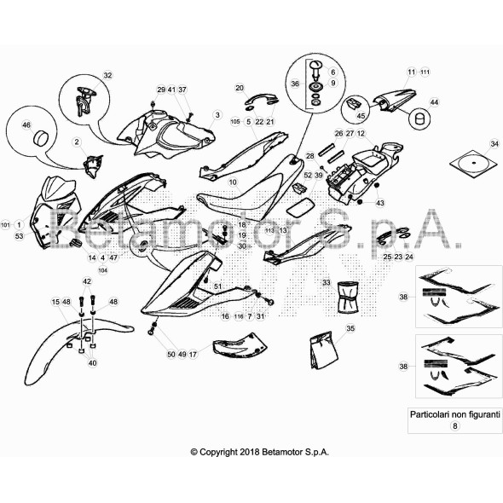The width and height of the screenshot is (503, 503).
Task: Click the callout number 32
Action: click(x=107, y=76)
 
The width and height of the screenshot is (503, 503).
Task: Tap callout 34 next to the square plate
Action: click(x=494, y=143)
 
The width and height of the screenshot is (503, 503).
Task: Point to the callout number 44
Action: click(x=434, y=102)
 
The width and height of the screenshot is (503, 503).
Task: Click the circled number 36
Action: click(x=295, y=84)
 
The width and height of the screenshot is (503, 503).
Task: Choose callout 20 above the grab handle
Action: click(x=240, y=88)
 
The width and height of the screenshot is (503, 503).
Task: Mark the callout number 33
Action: click(x=326, y=282)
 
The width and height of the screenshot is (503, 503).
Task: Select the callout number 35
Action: click(x=350, y=328)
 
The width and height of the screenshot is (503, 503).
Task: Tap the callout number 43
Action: click(x=380, y=203)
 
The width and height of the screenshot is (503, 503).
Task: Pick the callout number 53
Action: click(x=19, y=236)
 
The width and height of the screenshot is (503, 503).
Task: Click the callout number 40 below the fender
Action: click(x=93, y=362)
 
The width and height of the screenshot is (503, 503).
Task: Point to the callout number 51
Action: click(x=217, y=286)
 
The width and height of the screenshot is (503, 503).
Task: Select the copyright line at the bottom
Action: click(x=259, y=452)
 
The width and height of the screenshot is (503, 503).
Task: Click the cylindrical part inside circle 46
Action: click(x=39, y=139)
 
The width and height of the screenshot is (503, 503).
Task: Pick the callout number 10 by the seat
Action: click(x=233, y=182)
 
